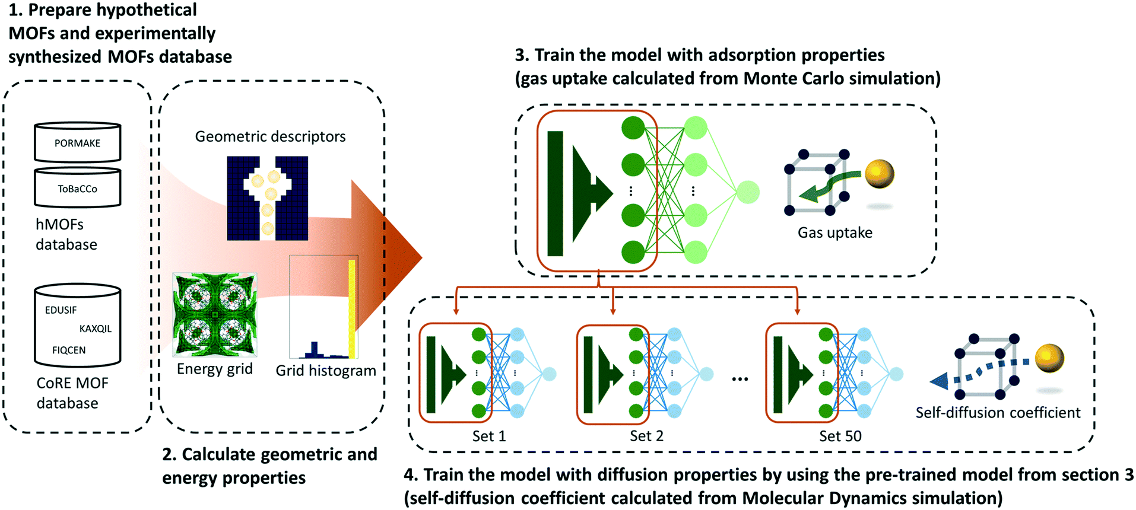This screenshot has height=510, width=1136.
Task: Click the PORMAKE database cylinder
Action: click(77, 143)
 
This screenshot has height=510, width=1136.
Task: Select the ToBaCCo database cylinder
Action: click(77, 189)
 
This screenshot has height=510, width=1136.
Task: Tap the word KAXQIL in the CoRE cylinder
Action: click(95, 329)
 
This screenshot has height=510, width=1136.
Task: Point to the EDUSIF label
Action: click(61, 310)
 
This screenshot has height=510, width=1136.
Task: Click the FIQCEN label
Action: click(69, 350)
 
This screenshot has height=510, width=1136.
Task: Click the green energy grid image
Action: click(214, 315)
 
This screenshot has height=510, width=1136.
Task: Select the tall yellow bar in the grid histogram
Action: click(352, 308)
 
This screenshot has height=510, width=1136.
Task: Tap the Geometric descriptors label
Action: click(270, 136)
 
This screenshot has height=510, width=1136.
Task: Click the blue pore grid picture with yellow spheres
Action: click(267, 198)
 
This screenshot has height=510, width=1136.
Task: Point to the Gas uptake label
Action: click(834, 232)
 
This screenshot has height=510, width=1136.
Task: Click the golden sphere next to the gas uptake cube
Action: click(879, 174)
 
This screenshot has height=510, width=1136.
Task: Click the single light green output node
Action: click(748, 192)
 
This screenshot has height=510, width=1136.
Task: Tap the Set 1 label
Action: click(489, 436)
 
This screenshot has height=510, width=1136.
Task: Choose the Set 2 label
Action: click(646, 436)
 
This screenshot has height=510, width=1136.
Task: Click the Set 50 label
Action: click(840, 436)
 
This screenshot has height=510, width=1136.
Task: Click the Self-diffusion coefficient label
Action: click(998, 412)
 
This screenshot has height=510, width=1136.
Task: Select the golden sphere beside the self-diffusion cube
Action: click(1049, 358)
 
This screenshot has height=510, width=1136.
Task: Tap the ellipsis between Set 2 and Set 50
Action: click(740, 378)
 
